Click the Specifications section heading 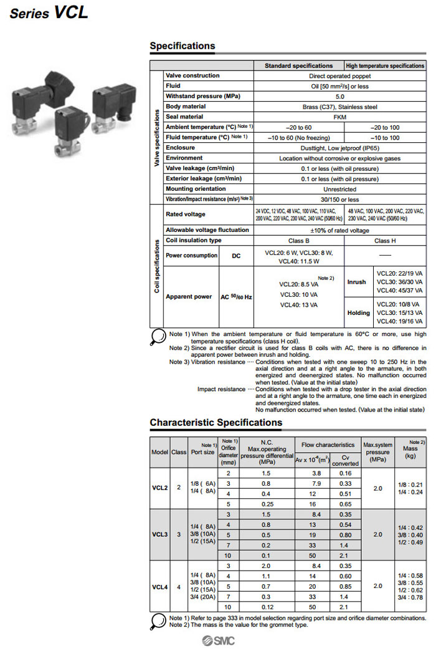[x=182, y=46]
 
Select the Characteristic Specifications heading [x=216, y=422]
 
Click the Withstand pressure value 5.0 [x=339, y=96]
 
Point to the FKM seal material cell [x=339, y=117]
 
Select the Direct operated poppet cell [x=339, y=75]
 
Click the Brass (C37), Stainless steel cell [x=339, y=107]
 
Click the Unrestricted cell [x=339, y=189]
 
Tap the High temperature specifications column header [x=385, y=65]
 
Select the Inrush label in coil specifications [x=356, y=282]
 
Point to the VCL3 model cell [x=160, y=534]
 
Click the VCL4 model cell [x=160, y=587]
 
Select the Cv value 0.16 [x=345, y=473]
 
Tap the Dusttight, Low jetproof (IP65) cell [x=339, y=148]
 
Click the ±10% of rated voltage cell [x=339, y=230]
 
